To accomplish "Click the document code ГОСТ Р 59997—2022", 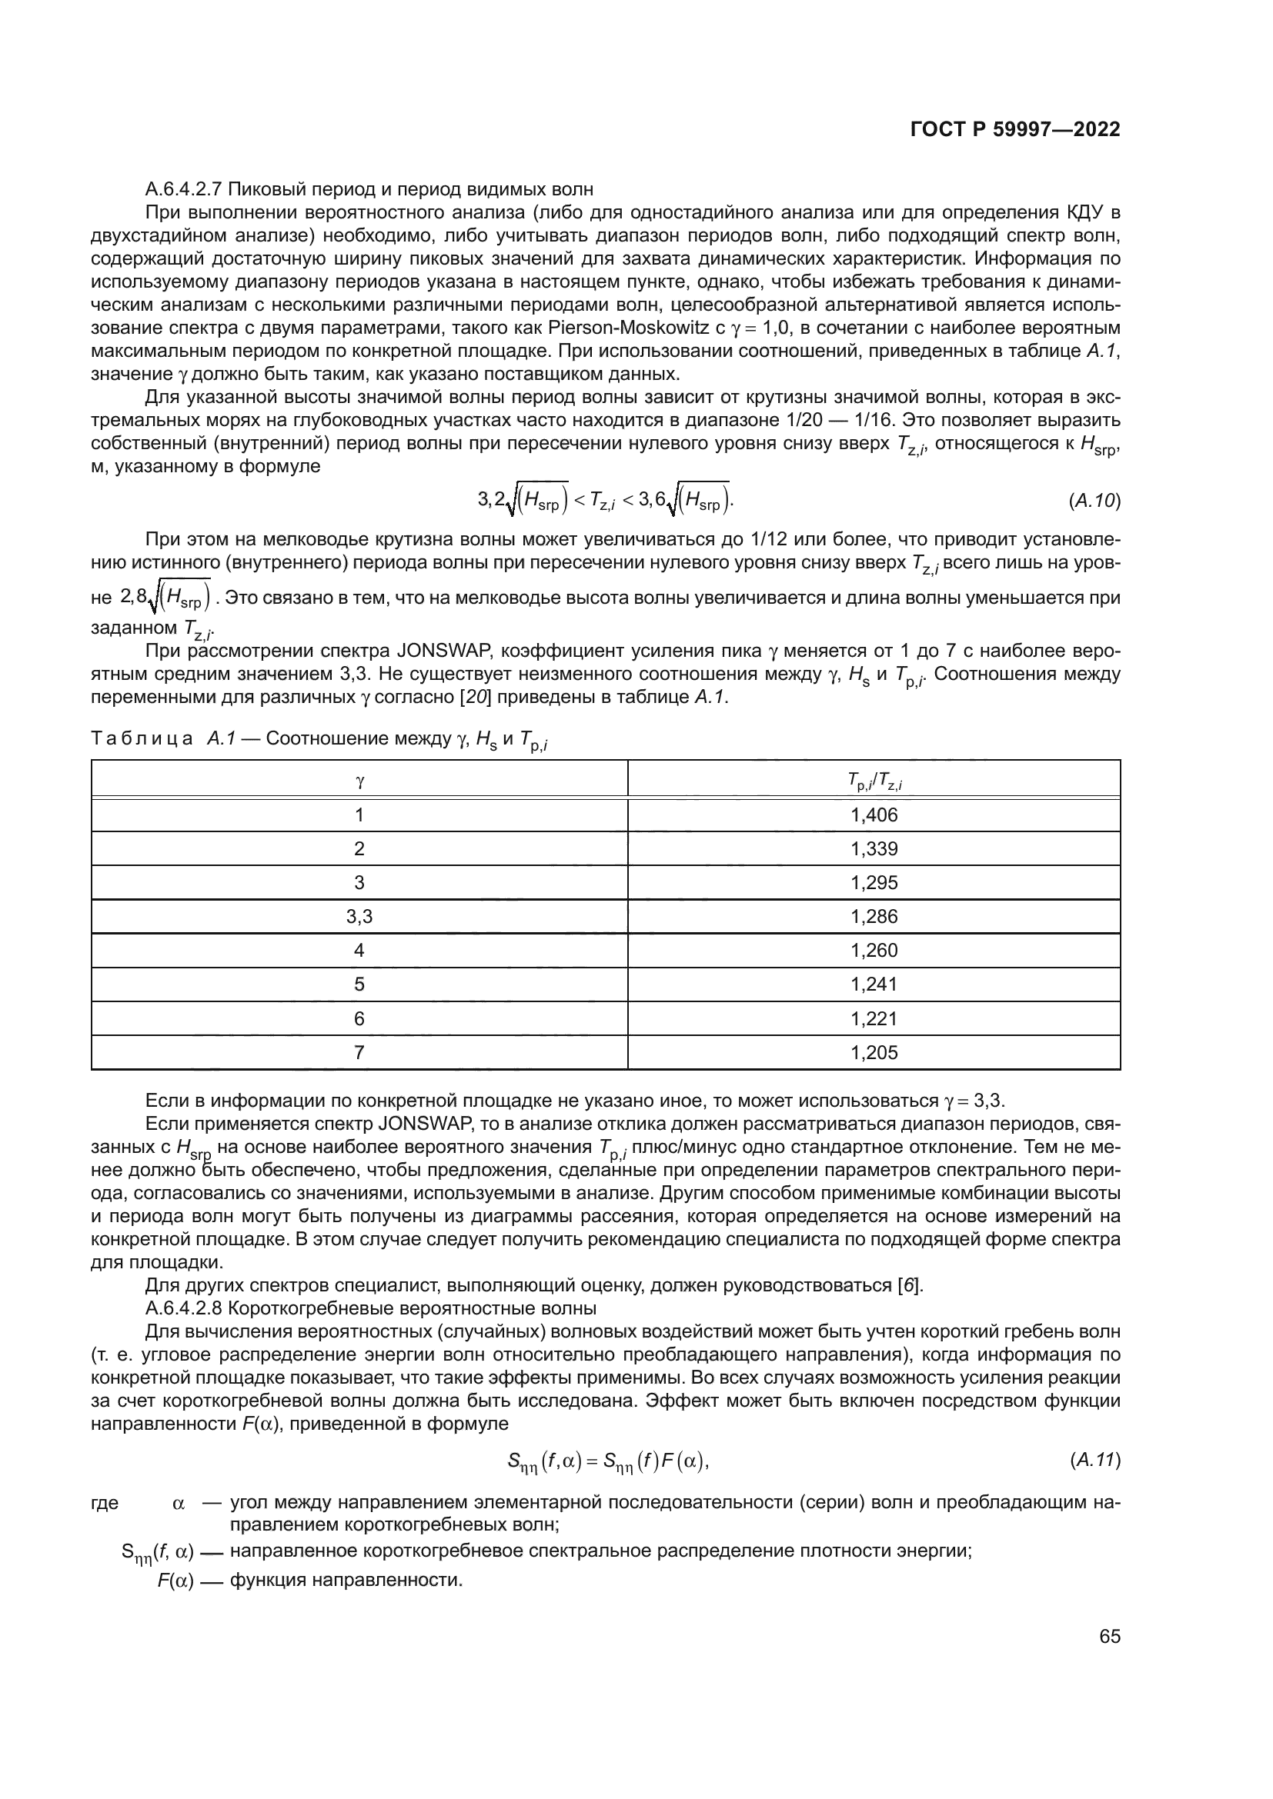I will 1015,129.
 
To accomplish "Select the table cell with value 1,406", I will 874,815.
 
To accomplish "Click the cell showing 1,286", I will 874,916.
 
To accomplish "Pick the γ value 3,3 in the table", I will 359,916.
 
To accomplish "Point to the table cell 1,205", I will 874,1052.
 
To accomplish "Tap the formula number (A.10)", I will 1094,501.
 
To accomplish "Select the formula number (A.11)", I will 1094,1460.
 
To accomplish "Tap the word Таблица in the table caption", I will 142,739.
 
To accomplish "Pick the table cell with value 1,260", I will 874,951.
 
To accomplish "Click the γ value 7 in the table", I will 359,1052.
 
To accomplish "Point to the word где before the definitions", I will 105,1503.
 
